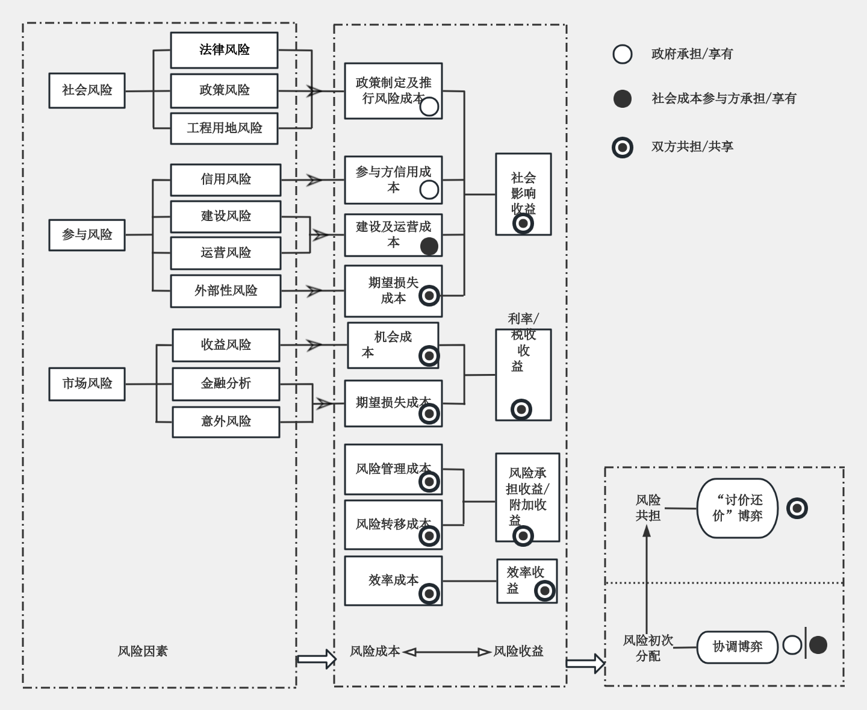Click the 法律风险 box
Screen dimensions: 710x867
point(224,50)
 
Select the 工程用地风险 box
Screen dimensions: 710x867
point(224,128)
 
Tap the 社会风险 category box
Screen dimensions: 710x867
point(87,90)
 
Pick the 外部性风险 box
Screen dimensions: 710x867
point(225,291)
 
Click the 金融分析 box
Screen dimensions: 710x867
point(226,384)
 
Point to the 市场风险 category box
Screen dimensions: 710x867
point(87,384)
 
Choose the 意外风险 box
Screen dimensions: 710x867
point(226,422)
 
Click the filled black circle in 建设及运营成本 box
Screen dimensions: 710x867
point(429,246)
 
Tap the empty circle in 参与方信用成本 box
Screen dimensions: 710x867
point(429,190)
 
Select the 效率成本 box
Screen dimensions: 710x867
point(393,581)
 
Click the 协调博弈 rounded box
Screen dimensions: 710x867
point(737,647)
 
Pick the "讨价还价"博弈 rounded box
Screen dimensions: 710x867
point(737,508)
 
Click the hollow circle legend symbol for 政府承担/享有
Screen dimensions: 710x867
point(623,54)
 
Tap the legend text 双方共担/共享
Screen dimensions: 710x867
point(692,147)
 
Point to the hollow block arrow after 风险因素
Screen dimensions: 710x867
point(317,659)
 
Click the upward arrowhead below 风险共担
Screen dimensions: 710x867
point(647,532)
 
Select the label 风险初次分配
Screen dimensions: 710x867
point(648,648)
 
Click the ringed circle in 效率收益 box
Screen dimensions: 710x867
point(544,591)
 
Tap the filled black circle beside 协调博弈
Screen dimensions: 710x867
point(818,645)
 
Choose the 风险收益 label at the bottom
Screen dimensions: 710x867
point(518,651)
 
